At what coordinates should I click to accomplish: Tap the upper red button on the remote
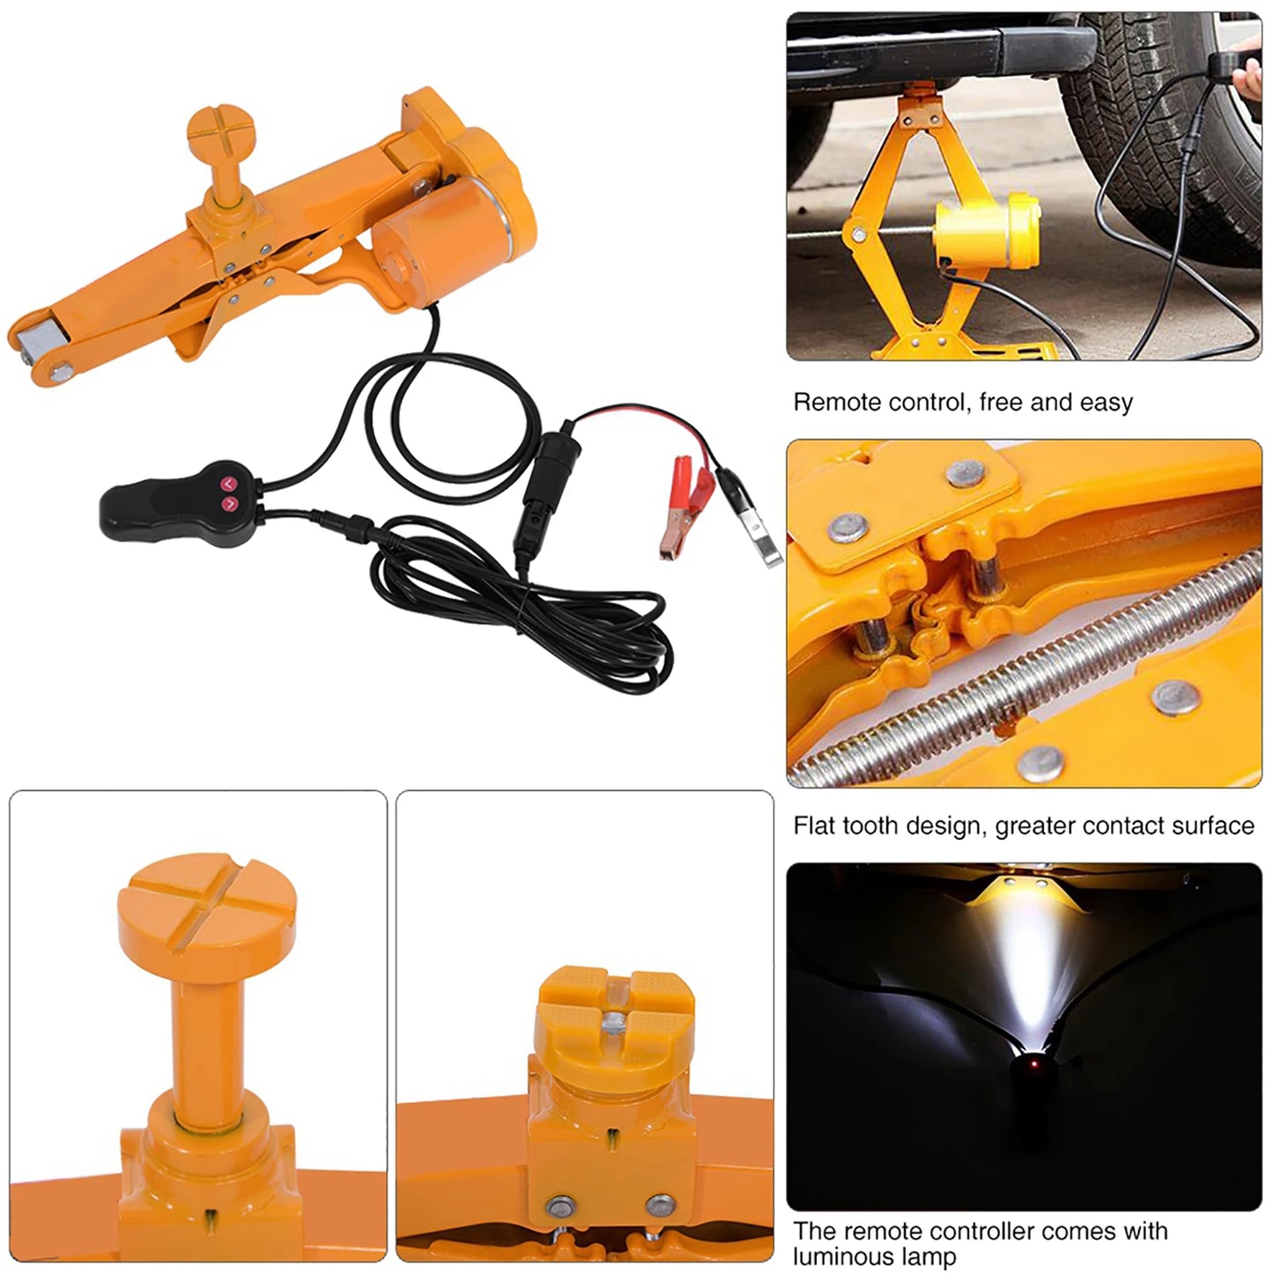(227, 484)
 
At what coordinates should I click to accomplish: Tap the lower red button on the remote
(230, 504)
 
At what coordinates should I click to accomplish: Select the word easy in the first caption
(1106, 403)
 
